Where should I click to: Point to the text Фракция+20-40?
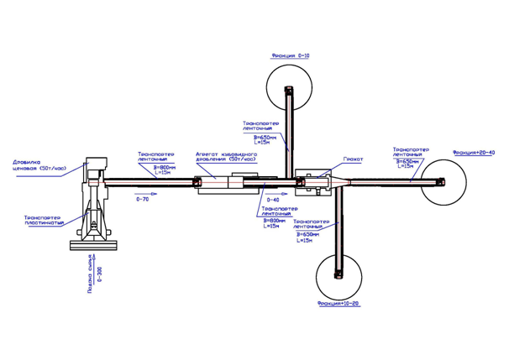[x=474, y=153]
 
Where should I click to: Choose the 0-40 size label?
[x=273, y=201]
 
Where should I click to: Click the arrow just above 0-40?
[x=274, y=193]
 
